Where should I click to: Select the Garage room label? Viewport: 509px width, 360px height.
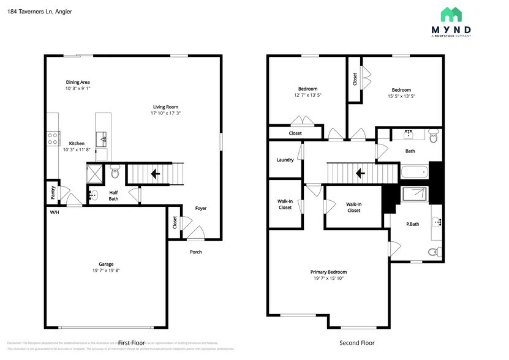107,264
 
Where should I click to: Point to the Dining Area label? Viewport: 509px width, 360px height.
78,82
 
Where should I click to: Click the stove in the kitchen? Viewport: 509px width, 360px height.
53,138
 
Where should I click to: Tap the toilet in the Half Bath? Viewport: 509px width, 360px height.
115,173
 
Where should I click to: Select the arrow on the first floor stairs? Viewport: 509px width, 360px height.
156,174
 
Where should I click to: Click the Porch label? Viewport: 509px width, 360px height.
196,252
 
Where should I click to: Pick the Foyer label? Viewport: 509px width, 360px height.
201,208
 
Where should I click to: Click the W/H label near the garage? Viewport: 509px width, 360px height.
55,212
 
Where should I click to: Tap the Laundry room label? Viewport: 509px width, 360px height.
285,160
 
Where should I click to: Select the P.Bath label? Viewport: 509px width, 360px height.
413,224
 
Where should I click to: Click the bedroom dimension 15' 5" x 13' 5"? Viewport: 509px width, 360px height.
401,96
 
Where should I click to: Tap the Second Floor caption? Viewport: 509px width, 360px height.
356,343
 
